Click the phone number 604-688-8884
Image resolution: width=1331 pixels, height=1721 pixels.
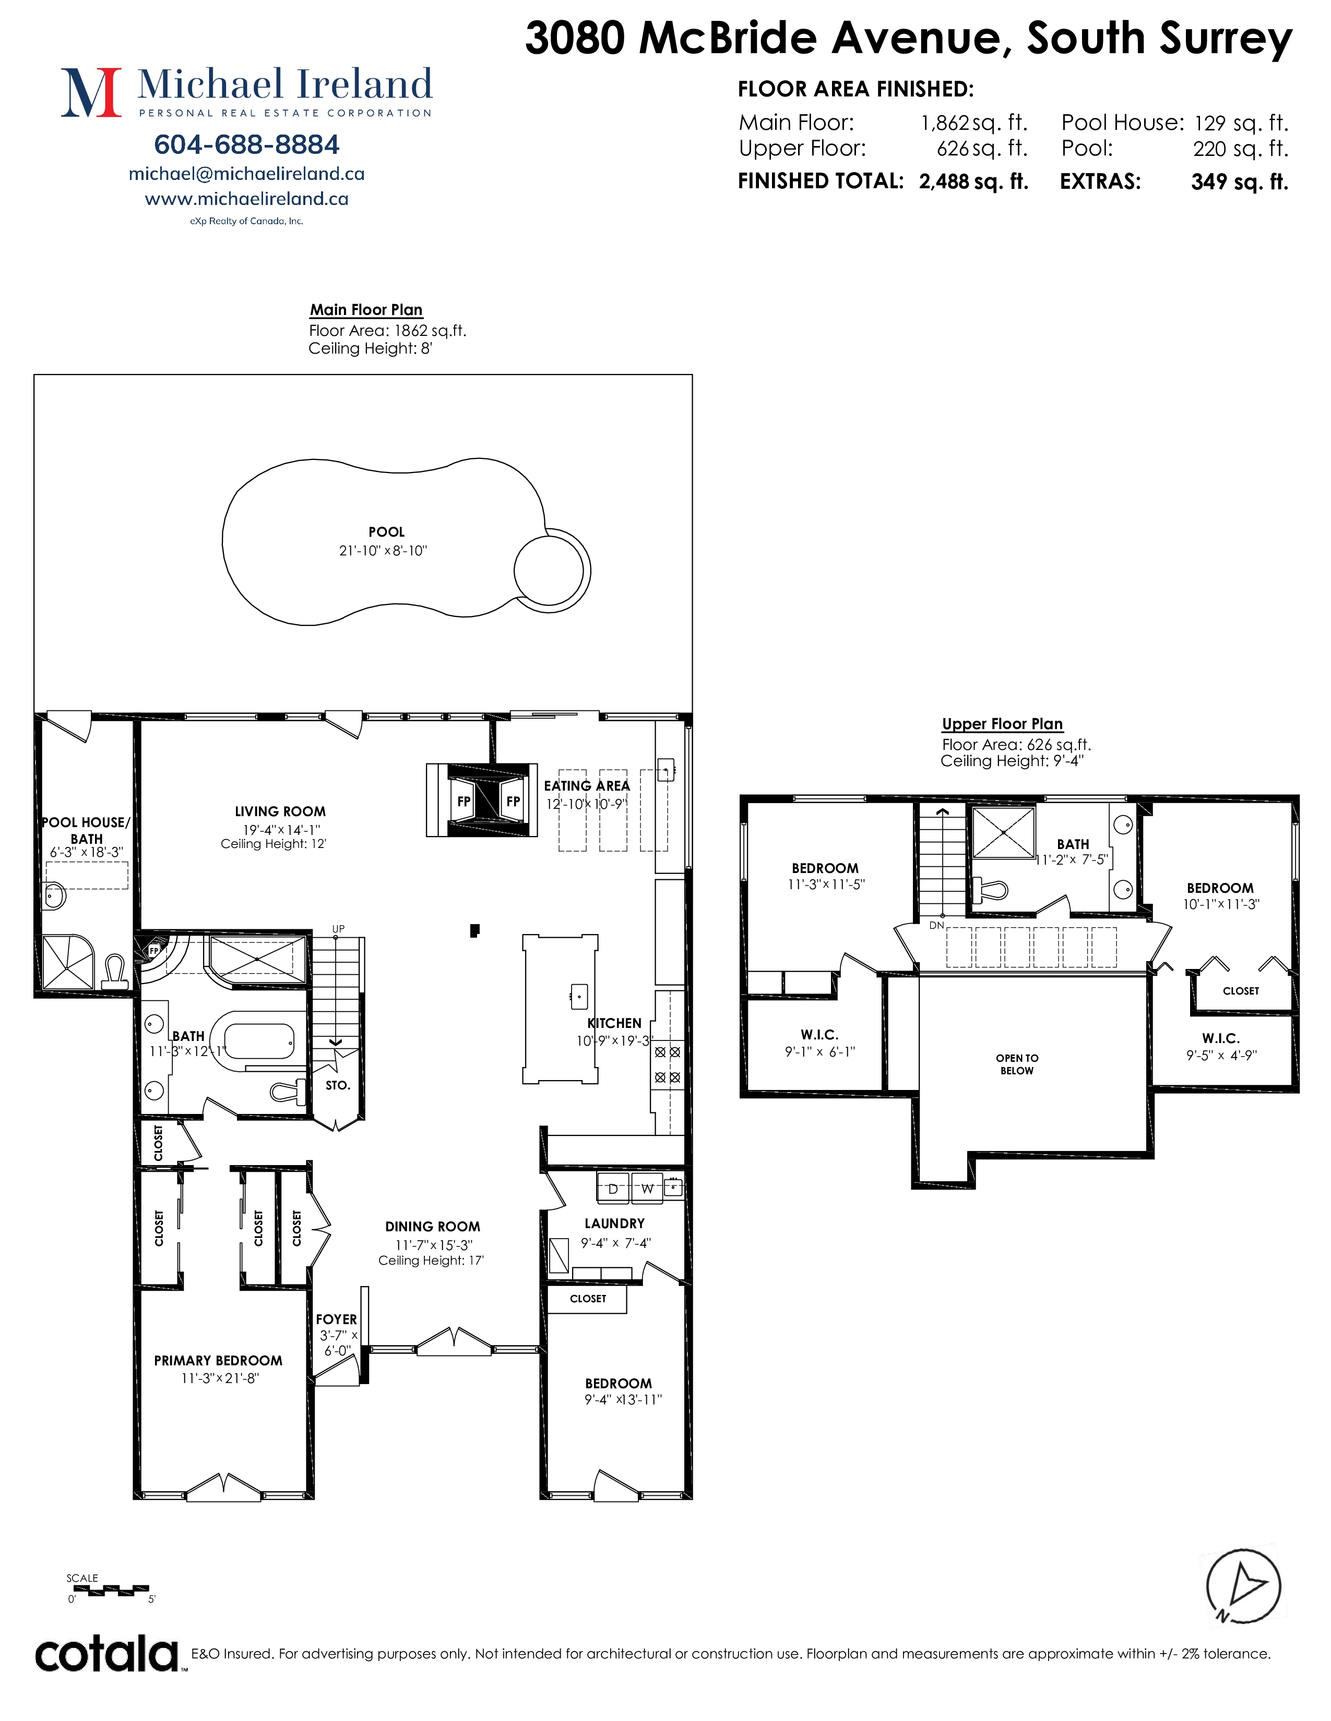(247, 144)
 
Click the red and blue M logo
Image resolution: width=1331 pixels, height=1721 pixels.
(91, 92)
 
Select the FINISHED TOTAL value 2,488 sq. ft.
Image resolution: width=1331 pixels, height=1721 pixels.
(974, 181)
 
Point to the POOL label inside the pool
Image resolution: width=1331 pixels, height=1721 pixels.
(386, 532)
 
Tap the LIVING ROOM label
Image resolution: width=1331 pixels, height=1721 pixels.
(280, 811)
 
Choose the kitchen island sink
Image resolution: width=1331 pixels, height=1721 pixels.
(579, 996)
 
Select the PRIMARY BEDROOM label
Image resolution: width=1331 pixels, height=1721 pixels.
(218, 1360)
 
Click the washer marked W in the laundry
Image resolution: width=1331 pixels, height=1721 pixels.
(647, 1189)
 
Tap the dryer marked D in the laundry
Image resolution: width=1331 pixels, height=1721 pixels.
(613, 1189)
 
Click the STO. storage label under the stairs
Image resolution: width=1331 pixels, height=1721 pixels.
(338, 1085)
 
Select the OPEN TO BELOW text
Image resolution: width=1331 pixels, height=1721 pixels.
(1017, 1064)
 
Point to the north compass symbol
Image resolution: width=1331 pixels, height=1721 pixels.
(1243, 1586)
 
